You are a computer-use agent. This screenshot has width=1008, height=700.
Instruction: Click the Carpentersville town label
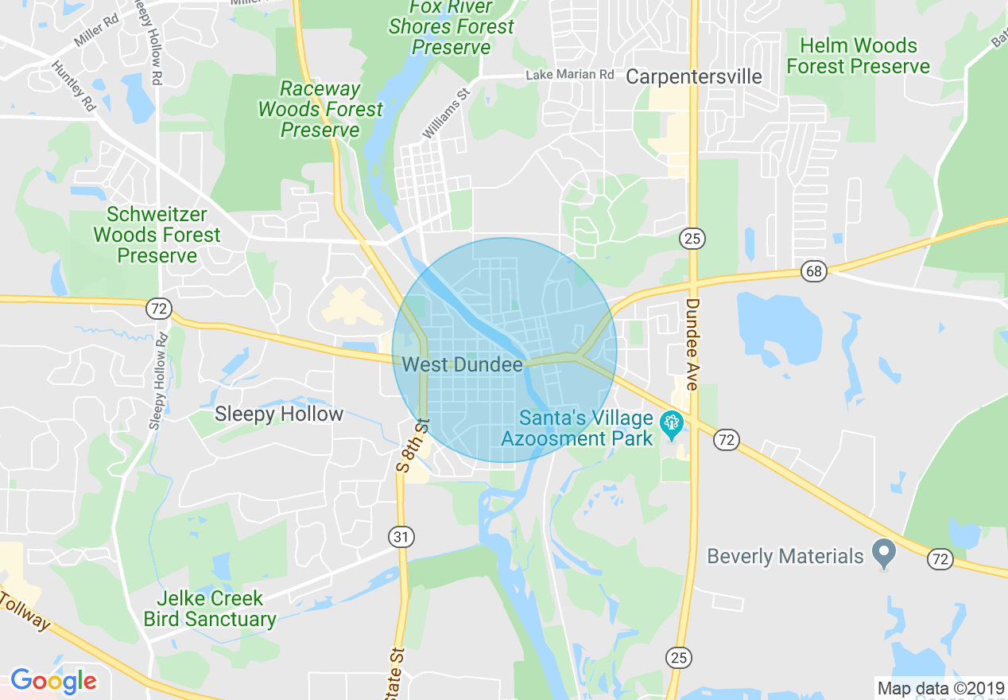pos(694,76)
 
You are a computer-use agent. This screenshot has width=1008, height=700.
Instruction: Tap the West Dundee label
pos(463,364)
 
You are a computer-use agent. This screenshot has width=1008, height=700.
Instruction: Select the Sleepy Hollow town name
pos(279,414)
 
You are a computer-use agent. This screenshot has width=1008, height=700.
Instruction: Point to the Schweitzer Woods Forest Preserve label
pos(157,235)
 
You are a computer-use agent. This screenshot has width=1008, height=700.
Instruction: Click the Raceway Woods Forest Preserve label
pos(320,109)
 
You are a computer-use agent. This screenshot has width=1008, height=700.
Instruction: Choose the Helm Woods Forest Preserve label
pos(859,56)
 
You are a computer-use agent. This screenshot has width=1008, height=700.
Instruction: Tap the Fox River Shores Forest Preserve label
pos(452,28)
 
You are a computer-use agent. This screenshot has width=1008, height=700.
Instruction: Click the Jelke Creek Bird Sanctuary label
pos(210,609)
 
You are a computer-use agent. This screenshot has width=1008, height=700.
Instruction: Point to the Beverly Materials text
pos(785,556)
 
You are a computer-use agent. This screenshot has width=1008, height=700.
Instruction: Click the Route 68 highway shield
pos(813,270)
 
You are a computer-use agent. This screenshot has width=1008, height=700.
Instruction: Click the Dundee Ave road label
pos(692,344)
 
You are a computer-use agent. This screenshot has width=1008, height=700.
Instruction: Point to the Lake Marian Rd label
pos(570,75)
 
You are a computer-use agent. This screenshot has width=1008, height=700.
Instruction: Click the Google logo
pos(53,681)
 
